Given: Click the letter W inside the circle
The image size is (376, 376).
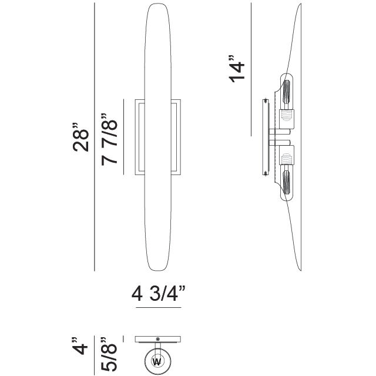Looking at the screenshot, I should tap(157, 361).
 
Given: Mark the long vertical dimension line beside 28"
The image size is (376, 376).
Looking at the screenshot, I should tap(95, 137).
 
